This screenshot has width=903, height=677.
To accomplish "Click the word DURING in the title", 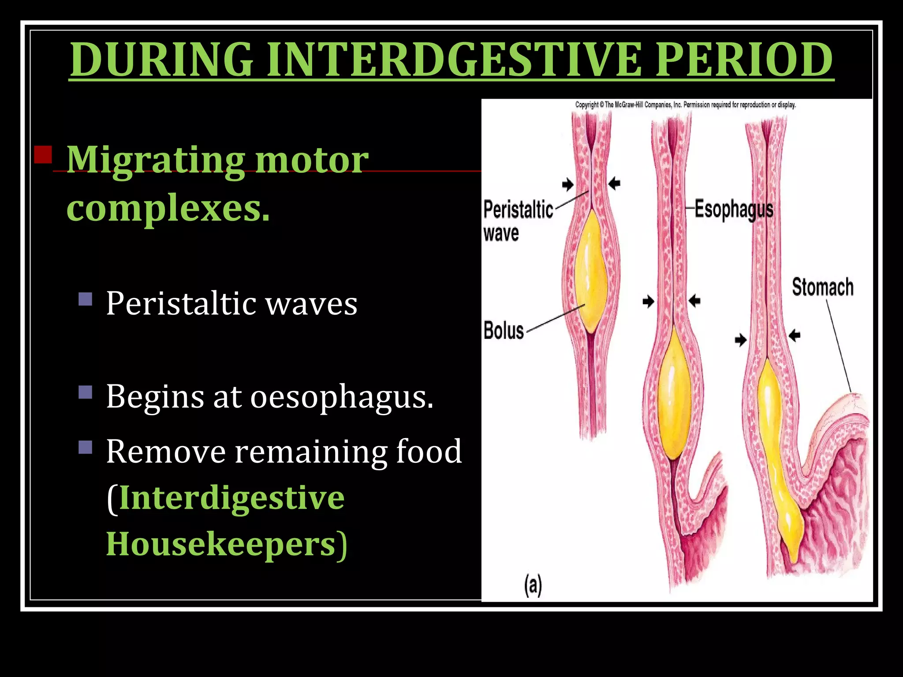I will pyautogui.click(x=161, y=60).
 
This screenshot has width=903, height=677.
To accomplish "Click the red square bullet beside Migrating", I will pyautogui.click(x=43, y=155).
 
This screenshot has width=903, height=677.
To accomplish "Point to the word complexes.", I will pyautogui.click(x=168, y=208).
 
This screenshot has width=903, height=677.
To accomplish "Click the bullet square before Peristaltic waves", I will pyautogui.click(x=86, y=299).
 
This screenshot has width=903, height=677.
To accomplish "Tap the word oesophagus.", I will pyautogui.click(x=342, y=397).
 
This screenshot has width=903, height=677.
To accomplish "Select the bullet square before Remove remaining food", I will pyautogui.click(x=86, y=447).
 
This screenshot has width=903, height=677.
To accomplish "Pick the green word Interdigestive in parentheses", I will pyautogui.click(x=232, y=498).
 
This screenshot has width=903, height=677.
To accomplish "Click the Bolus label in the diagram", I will pyautogui.click(x=504, y=331).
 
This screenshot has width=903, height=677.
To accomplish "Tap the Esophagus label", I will pyautogui.click(x=734, y=209).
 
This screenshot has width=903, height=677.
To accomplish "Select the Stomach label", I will pyautogui.click(x=822, y=287).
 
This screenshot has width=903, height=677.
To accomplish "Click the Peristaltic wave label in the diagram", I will pyautogui.click(x=518, y=220).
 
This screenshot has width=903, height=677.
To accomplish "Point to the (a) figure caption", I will pyautogui.click(x=533, y=585).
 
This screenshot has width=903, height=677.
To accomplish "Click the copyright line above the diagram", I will pyautogui.click(x=685, y=105).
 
